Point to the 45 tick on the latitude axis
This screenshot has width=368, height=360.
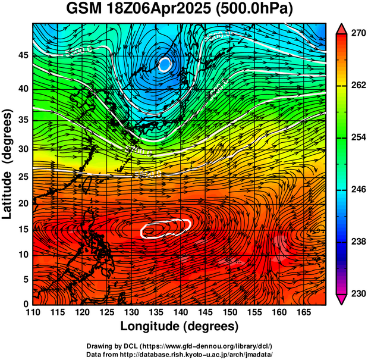[22, 55]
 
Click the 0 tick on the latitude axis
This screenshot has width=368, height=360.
[25, 303]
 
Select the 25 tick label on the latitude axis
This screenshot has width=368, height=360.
[22, 177]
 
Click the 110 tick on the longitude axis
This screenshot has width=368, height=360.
[33, 312]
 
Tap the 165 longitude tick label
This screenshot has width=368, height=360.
[303, 312]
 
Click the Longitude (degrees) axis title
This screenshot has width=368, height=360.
[179, 326]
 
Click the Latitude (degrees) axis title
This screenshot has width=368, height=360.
[9, 164]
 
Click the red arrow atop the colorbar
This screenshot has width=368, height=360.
[341, 28]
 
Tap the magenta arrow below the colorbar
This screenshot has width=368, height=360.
[341, 300]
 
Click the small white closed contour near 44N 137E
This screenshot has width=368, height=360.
[165, 64]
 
